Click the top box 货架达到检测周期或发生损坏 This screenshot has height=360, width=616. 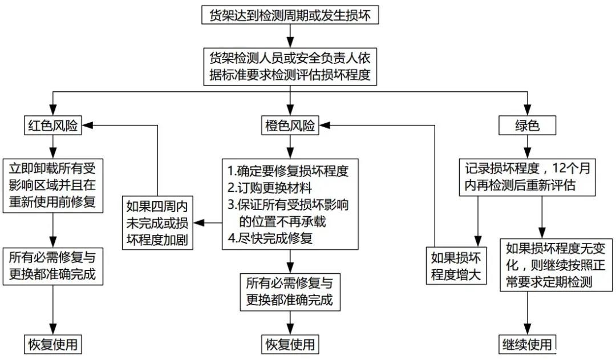(290, 15)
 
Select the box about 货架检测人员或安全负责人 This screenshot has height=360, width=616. (290, 66)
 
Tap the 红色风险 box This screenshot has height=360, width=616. (52, 126)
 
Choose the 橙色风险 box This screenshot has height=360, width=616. (290, 126)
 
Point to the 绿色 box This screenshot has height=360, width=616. (526, 126)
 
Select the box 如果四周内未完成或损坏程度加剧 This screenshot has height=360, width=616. (158, 223)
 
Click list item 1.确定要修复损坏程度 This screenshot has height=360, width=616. (287, 171)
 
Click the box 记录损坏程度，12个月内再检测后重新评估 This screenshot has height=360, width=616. (526, 177)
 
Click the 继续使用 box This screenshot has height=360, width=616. (526, 344)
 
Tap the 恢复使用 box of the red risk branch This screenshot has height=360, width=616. (52, 344)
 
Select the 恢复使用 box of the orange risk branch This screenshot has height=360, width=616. (290, 344)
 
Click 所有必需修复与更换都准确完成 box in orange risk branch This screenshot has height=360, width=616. (290, 291)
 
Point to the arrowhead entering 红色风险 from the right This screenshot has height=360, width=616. (87, 126)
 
